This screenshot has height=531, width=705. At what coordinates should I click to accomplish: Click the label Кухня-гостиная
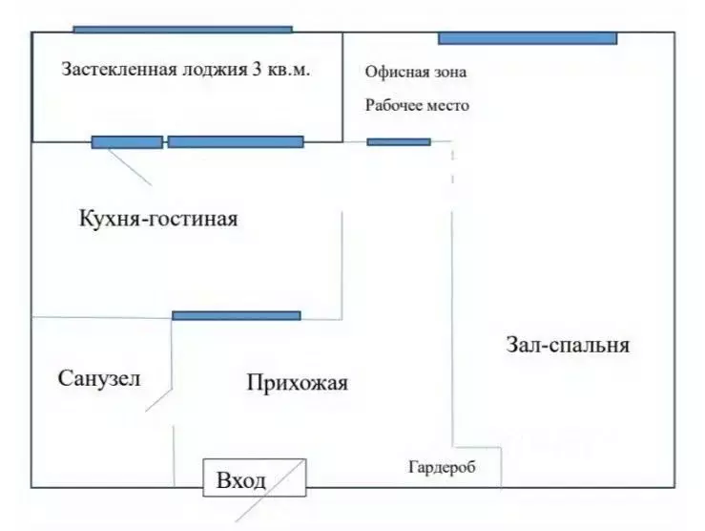158,219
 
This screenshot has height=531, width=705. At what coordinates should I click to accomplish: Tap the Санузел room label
99,378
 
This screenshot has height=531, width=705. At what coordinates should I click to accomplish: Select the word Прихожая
297,384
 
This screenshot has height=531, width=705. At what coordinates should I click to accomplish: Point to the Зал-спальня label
567,345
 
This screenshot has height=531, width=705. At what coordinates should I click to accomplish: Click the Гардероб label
441,468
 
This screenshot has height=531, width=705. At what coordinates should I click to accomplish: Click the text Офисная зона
416,73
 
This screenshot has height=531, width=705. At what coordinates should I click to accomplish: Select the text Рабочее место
417,106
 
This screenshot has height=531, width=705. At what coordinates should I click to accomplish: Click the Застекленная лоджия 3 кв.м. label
186,70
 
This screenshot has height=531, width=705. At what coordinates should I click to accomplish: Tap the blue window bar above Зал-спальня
528,39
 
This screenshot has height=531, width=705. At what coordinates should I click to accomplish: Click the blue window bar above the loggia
182,30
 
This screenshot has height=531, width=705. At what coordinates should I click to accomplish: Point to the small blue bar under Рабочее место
399,142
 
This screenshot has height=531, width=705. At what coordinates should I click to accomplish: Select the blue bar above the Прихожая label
236,315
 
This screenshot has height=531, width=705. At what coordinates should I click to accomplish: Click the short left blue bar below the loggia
127,142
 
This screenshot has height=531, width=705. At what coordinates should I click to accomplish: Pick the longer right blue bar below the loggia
236,142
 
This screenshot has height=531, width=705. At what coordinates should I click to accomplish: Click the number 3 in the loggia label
258,70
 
